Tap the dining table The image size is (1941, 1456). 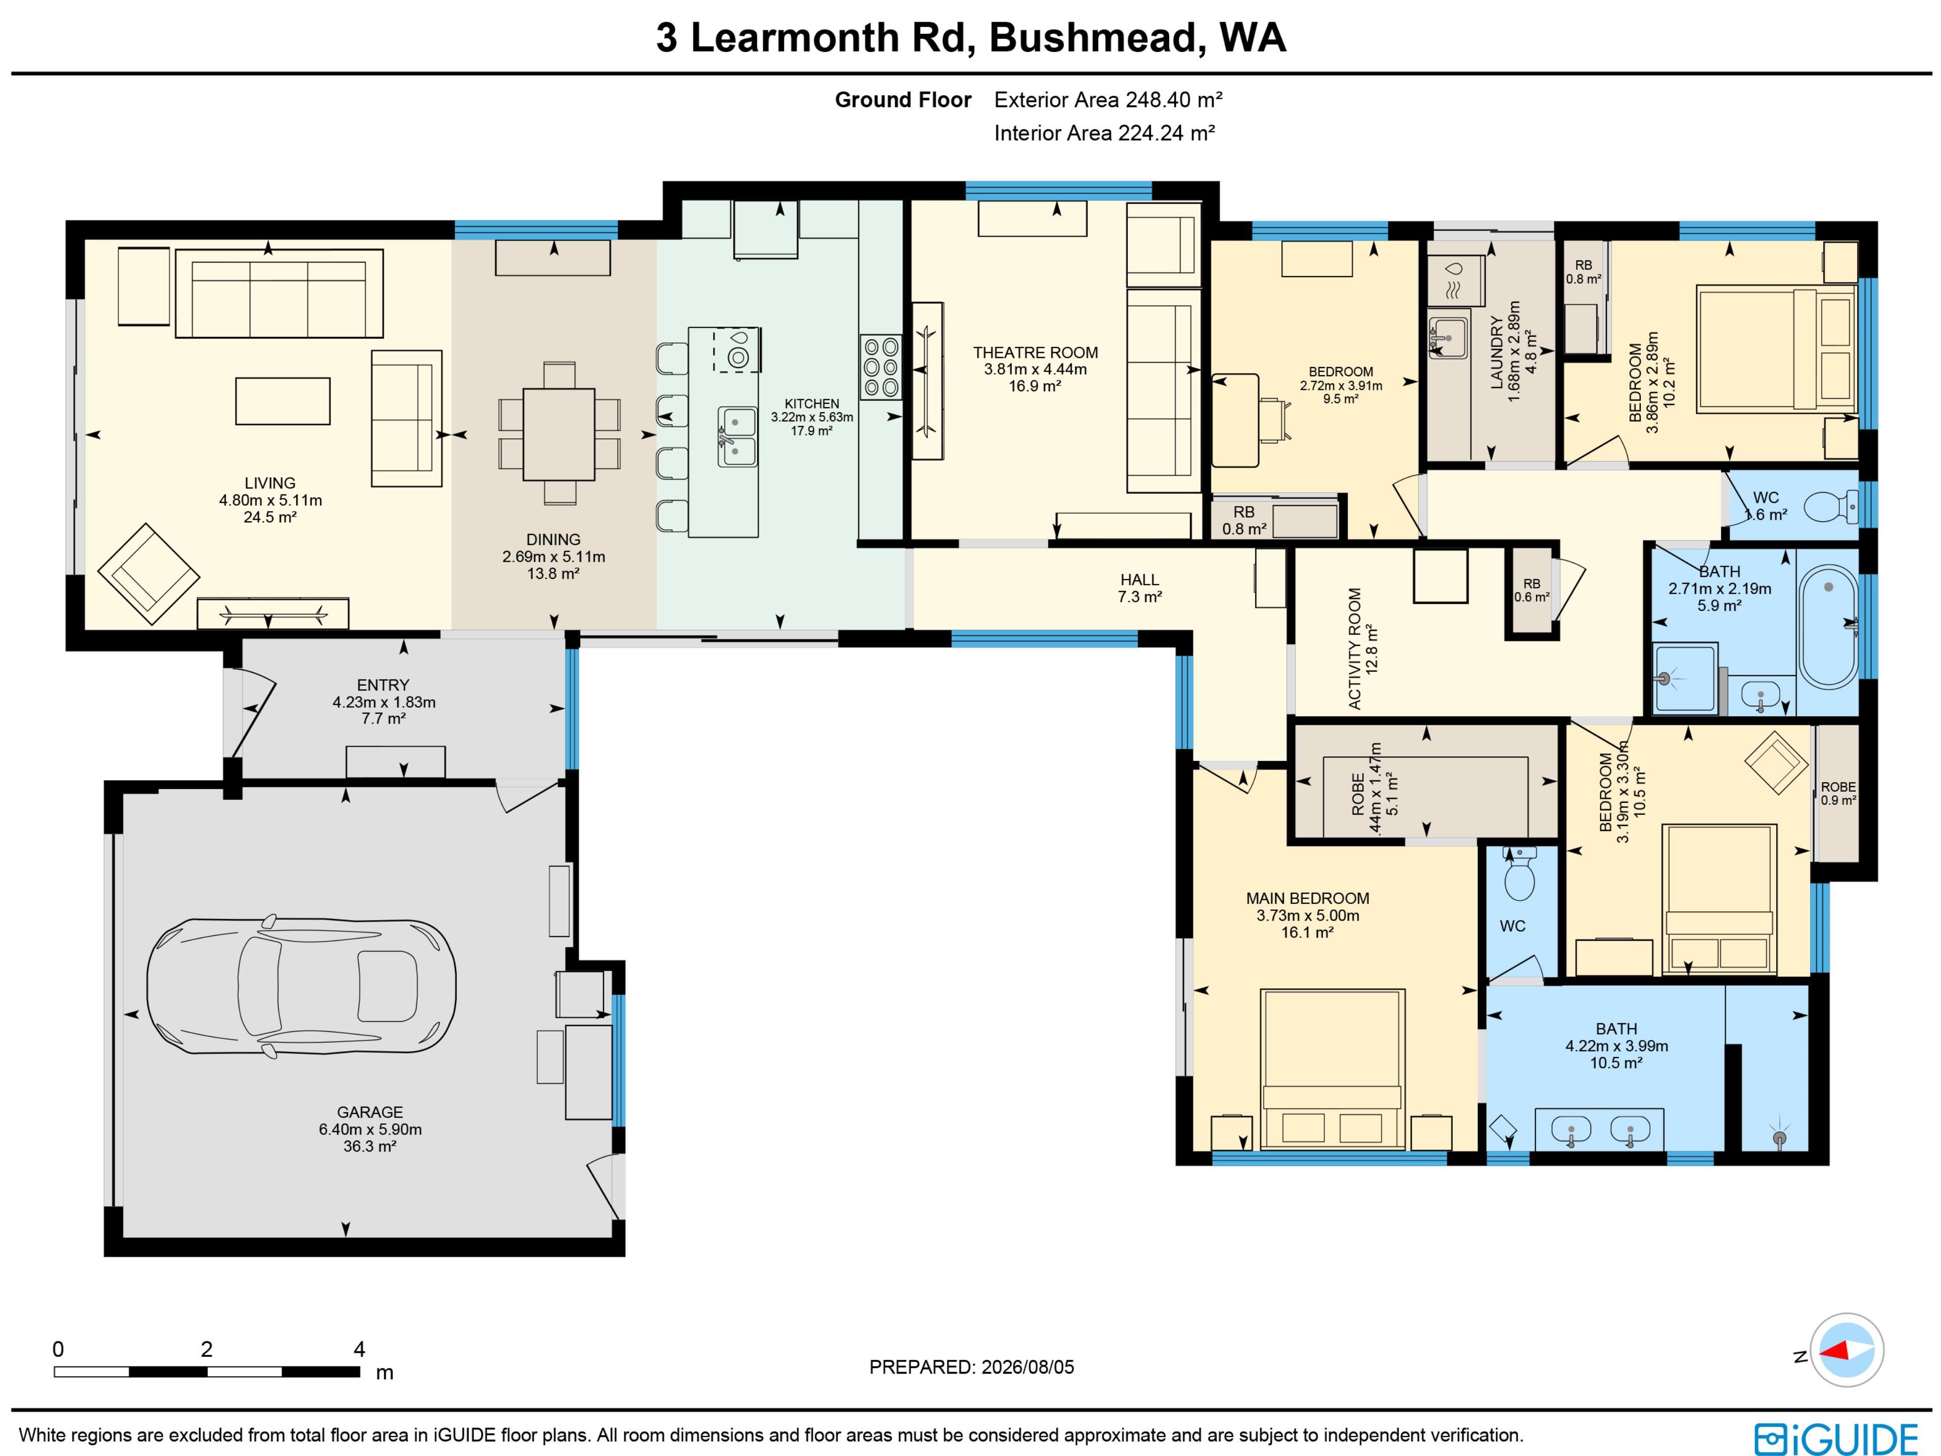559,434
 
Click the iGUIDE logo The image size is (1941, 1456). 1836,1438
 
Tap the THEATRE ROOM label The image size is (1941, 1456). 1035,353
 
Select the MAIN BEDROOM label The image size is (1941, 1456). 1308,899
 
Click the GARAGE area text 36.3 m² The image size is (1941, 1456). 371,1146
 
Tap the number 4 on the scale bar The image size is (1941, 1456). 359,1349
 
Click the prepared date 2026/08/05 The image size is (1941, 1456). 1028,1368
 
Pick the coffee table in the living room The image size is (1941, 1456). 283,401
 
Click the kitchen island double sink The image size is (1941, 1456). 737,436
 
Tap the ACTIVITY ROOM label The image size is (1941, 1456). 1354,649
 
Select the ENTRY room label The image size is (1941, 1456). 384,685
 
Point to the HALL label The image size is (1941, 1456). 1140,579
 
